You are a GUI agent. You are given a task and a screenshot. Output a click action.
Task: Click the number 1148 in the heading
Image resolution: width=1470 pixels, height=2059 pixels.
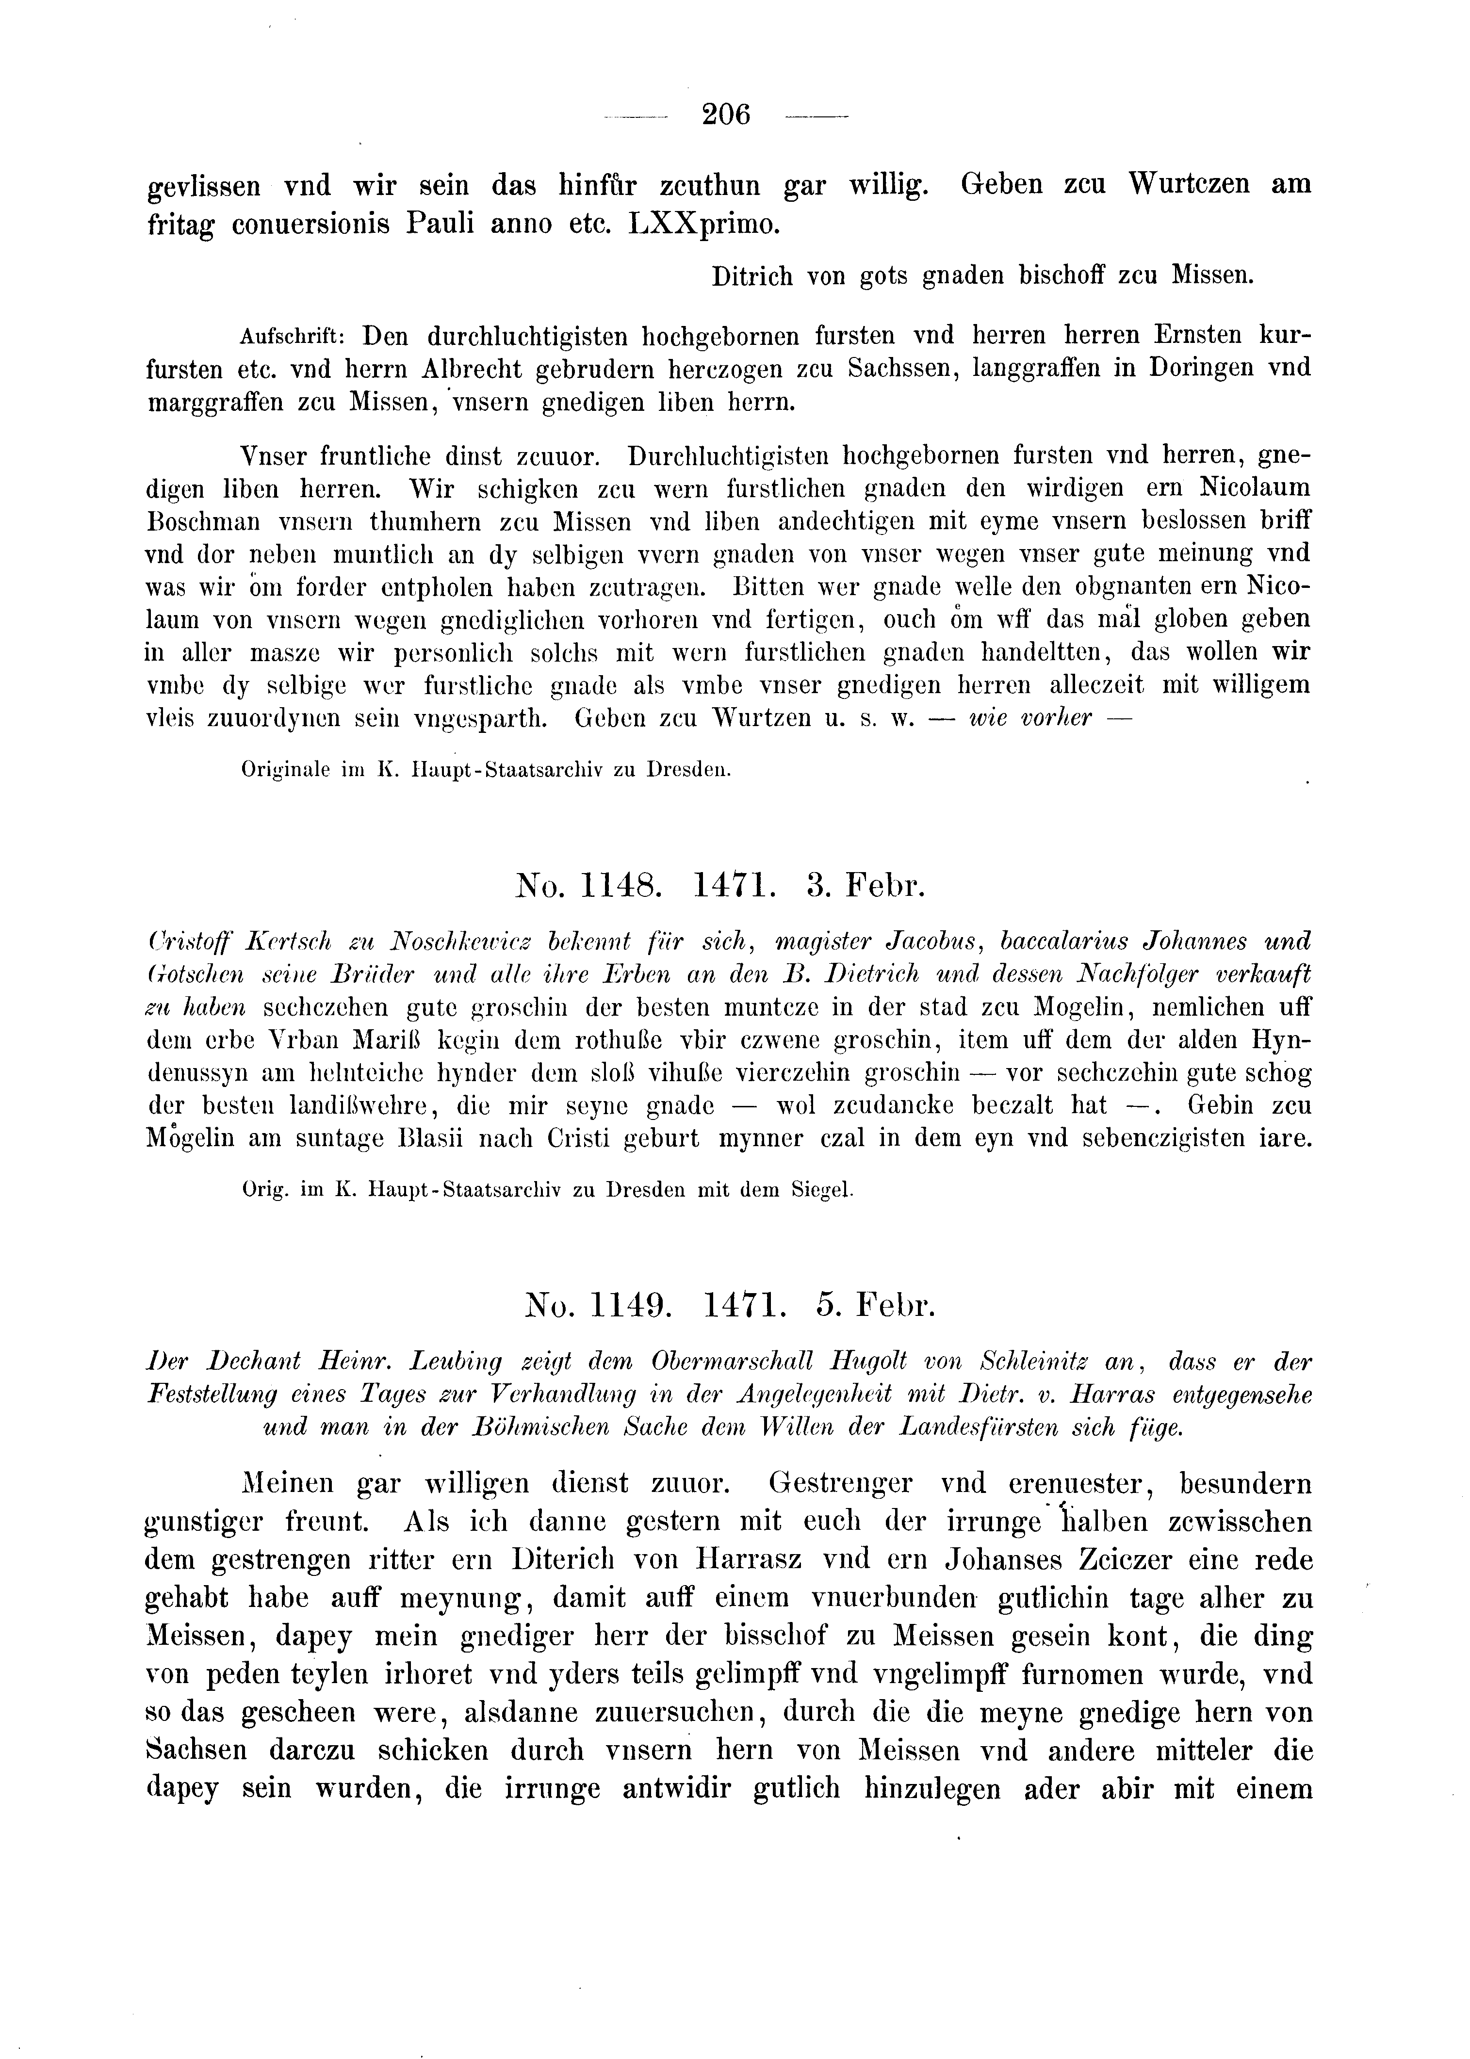click(621, 883)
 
